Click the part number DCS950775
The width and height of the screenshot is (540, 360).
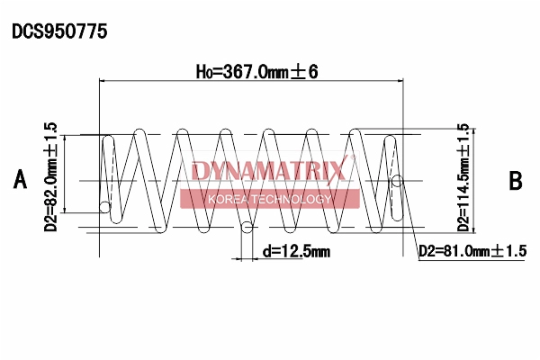coord(59,31)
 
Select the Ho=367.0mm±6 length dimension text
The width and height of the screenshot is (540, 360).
coord(257,72)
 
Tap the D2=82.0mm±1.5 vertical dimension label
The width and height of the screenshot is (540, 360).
coord(51,176)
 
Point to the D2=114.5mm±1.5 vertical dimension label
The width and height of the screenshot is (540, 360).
coord(463,177)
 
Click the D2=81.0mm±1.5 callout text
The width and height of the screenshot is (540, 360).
coord(472,251)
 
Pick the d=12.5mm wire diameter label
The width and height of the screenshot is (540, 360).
coord(296,251)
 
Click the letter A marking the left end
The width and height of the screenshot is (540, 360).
coord(20,179)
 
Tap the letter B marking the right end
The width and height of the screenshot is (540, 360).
coord(516,181)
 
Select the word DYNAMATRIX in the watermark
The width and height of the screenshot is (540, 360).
coord(268,171)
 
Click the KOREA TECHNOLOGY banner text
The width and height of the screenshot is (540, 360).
coord(270,199)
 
